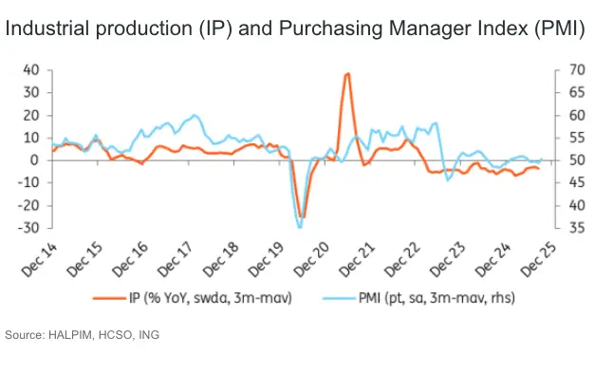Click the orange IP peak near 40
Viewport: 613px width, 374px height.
[347, 73]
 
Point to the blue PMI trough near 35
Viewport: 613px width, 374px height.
[300, 227]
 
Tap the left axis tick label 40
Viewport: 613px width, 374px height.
[31, 70]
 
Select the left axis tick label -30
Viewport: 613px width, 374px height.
[28, 228]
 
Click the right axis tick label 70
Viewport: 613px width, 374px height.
[577, 70]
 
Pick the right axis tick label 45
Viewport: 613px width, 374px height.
[577, 182]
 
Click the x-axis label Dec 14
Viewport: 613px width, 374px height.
[39, 260]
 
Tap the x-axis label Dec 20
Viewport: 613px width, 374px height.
[311, 260]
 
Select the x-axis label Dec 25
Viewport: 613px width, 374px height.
[538, 260]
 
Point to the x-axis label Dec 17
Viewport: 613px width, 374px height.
[176, 260]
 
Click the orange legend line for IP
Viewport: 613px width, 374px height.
[109, 298]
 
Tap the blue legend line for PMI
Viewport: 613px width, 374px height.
[339, 298]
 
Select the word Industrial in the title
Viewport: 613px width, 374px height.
[47, 28]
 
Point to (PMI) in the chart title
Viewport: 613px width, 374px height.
[560, 28]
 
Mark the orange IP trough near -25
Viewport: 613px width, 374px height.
[302, 216]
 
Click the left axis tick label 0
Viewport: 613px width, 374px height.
[35, 160]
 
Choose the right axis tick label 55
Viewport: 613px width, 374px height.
[577, 138]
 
